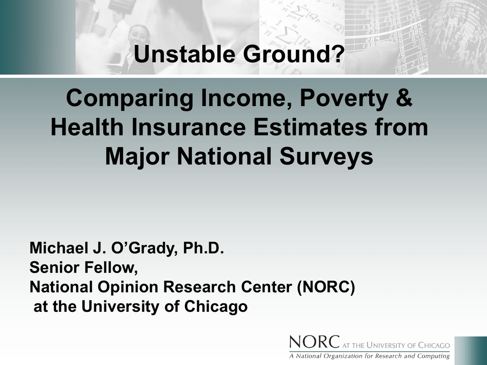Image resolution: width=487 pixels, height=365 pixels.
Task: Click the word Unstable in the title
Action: (x=185, y=54)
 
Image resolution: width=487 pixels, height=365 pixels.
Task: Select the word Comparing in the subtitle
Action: (x=129, y=99)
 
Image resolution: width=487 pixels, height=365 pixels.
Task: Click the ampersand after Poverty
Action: (x=404, y=98)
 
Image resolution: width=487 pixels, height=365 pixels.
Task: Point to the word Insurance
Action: (x=188, y=127)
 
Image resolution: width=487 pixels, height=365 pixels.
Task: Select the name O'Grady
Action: (x=144, y=249)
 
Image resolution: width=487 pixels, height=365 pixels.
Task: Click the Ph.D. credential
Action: (x=204, y=248)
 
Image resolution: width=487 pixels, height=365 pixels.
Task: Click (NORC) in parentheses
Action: (x=326, y=287)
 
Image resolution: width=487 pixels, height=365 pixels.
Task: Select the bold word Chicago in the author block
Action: (x=216, y=307)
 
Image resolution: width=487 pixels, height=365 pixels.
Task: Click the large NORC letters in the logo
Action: (x=314, y=342)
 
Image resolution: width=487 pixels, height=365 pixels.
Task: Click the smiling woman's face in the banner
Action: (x=138, y=36)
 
